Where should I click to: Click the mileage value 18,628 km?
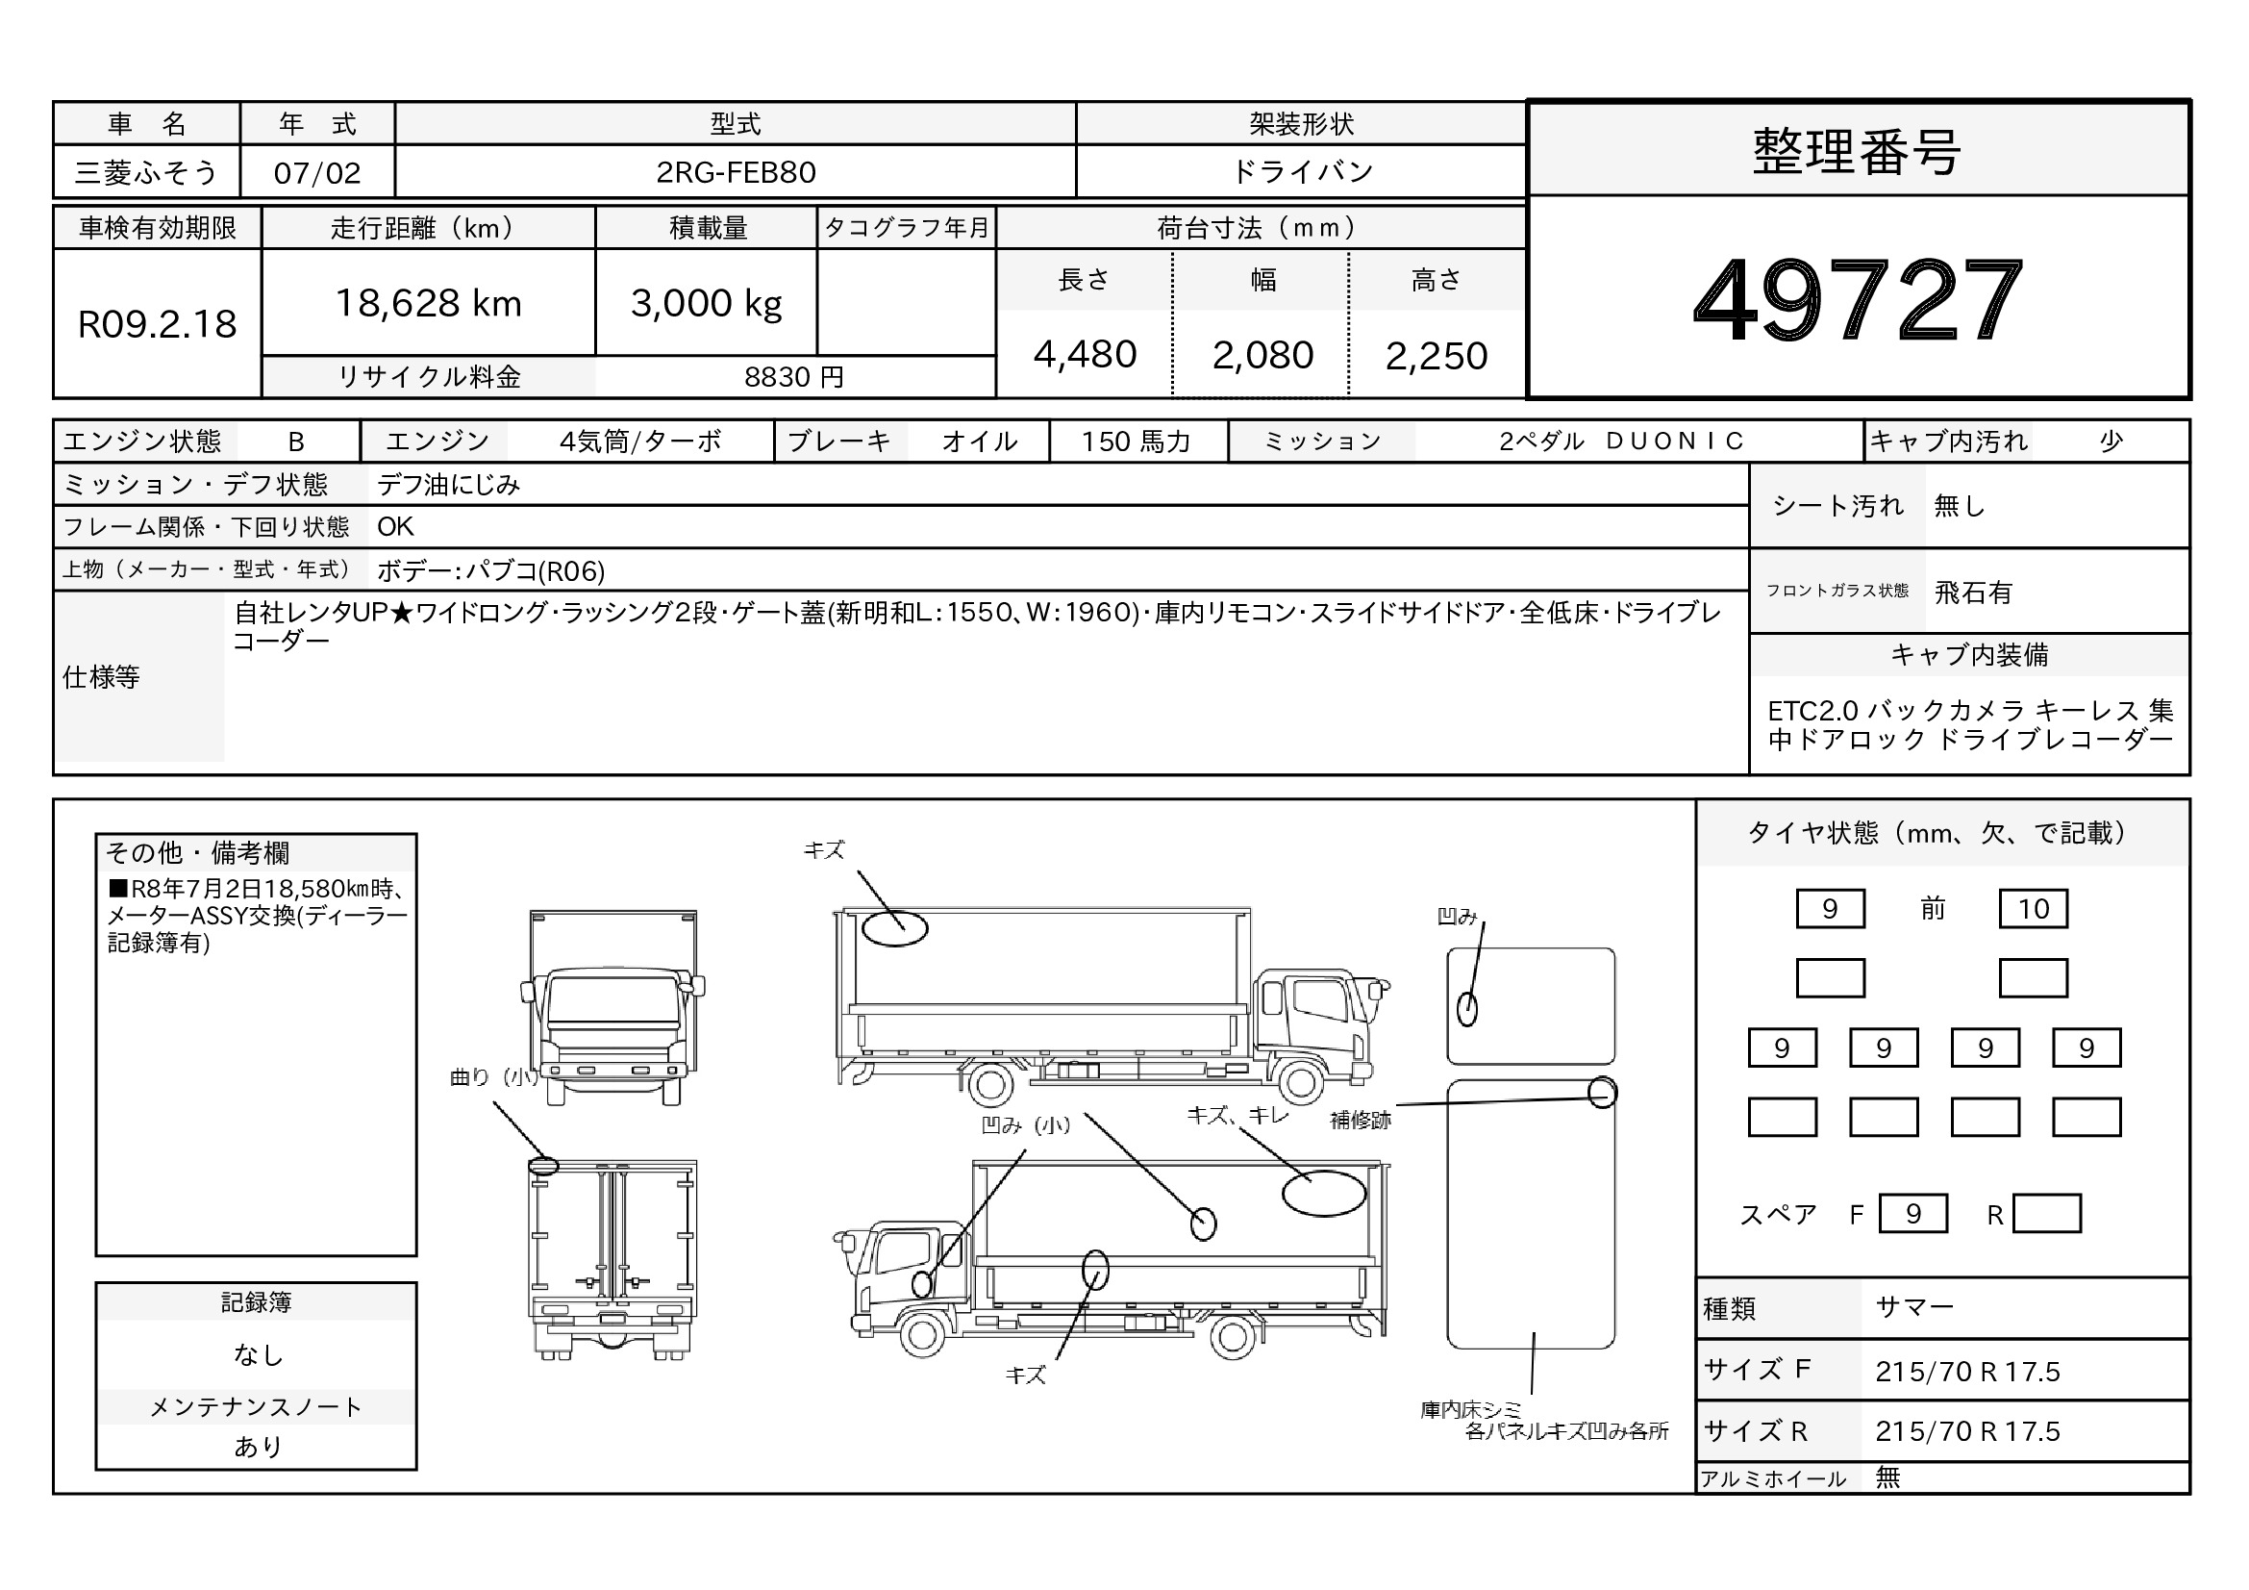(x=428, y=304)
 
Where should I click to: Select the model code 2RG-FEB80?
(x=736, y=172)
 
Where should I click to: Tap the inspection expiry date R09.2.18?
(x=157, y=324)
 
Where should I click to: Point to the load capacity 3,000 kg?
(x=707, y=305)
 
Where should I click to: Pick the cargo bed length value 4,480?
(x=1085, y=355)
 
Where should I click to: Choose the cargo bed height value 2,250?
(x=1436, y=356)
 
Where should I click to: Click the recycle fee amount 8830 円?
(x=793, y=377)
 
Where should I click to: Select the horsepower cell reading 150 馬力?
(x=1136, y=442)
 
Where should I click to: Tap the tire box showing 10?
(x=2033, y=908)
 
